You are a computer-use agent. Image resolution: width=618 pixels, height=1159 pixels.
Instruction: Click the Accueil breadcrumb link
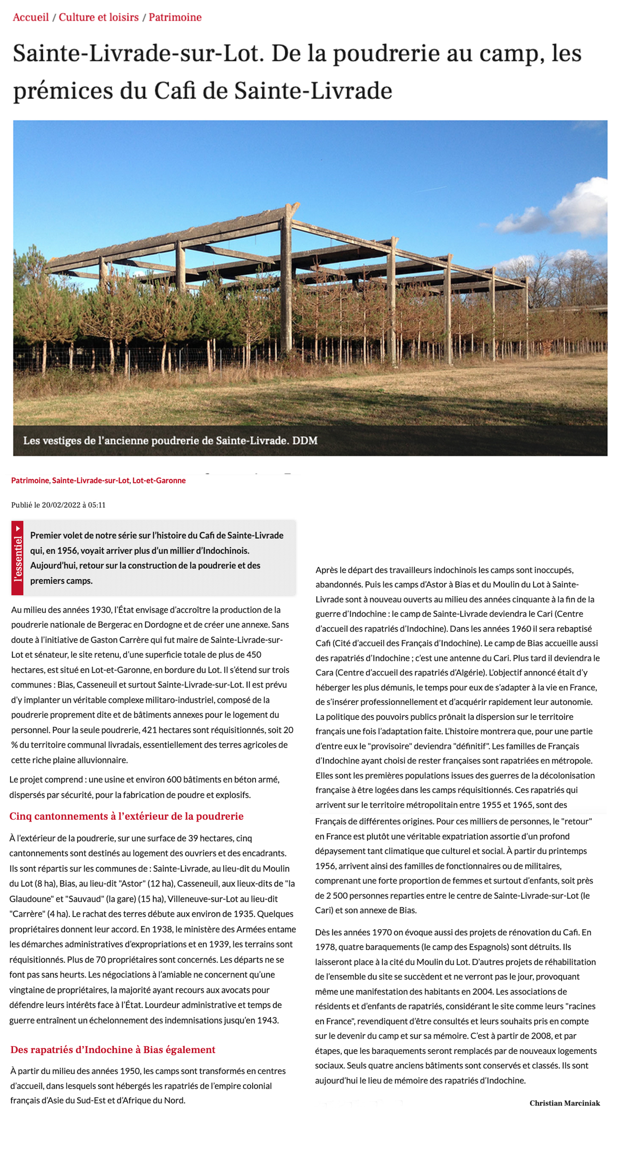pos(31,17)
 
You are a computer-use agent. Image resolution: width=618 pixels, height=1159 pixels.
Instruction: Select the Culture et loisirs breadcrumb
pos(99,17)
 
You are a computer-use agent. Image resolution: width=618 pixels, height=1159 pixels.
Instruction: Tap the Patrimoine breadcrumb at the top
pos(175,17)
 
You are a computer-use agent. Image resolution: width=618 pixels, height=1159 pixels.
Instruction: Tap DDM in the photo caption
pos(304,441)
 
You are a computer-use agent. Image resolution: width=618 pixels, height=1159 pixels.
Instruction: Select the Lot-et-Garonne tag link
pos(159,481)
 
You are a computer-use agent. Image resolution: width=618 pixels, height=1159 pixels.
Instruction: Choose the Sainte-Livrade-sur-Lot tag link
pos(90,481)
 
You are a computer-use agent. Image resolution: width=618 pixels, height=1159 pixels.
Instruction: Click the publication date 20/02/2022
pos(61,505)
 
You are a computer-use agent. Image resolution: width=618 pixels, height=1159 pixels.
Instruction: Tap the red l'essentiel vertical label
pos(17,558)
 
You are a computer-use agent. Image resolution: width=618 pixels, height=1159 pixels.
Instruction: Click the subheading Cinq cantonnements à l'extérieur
pos(126,816)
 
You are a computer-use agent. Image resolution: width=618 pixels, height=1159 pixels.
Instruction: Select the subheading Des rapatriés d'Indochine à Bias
pos(113,1050)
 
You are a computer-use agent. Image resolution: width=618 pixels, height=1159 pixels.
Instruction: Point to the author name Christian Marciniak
pos(564,1103)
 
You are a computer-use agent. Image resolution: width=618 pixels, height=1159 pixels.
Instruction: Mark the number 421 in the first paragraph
pos(149,730)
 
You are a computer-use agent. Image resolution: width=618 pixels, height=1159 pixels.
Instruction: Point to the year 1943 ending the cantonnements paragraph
pos(268,1020)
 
